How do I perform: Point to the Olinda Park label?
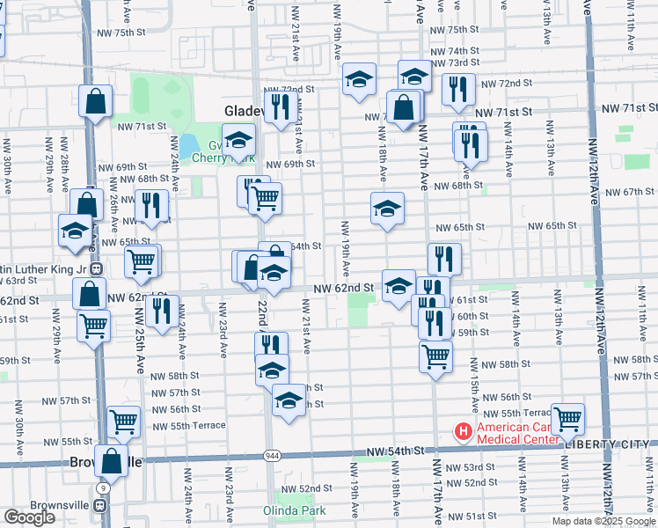pyautogui.click(x=294, y=510)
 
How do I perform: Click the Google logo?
pyautogui.click(x=29, y=517)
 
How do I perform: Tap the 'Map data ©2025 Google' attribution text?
pyautogui.click(x=603, y=521)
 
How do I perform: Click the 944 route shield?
pyautogui.click(x=270, y=456)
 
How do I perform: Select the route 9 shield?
pyautogui.click(x=104, y=487)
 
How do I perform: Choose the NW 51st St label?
pyautogui.click(x=481, y=516)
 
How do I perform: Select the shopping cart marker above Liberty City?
pyautogui.click(x=567, y=419)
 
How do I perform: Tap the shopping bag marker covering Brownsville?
pyautogui.click(x=112, y=460)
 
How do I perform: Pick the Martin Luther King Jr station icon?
pyautogui.click(x=98, y=269)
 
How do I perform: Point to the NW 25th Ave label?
pyautogui.click(x=140, y=352)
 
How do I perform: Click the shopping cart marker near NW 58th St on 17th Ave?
pyautogui.click(x=435, y=356)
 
